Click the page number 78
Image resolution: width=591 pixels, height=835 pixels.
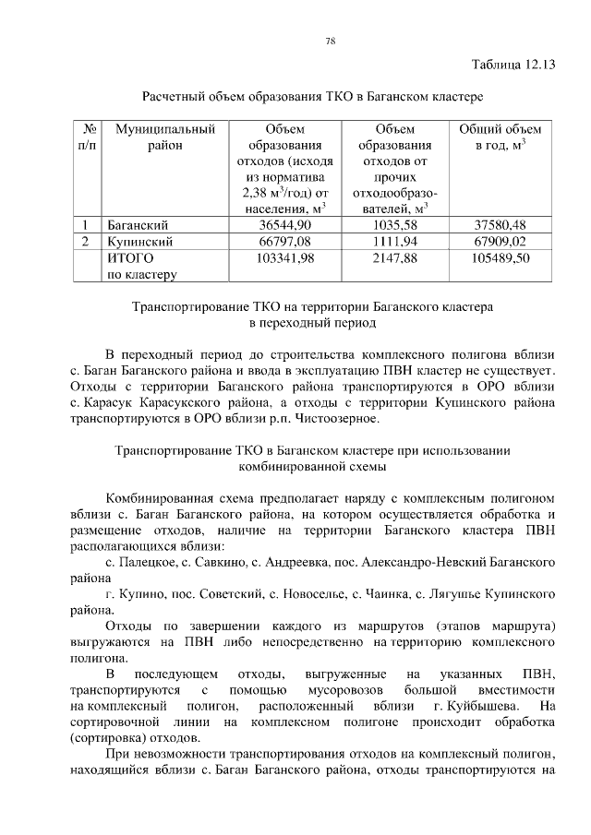pos(329,41)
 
